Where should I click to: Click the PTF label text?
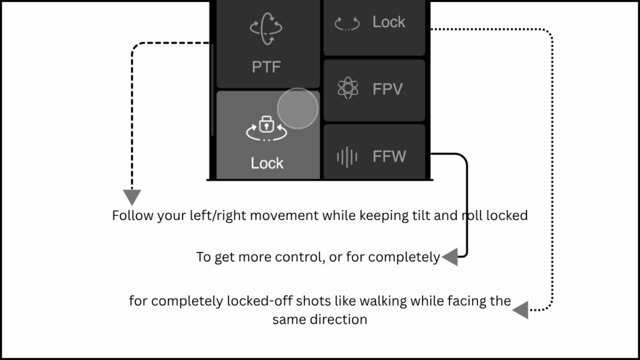pos(267,66)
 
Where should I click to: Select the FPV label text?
pos(387,89)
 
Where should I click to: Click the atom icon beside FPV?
pos(347,89)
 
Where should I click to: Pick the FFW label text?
pos(389,156)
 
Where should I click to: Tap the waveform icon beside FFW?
pos(347,156)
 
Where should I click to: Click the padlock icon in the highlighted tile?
pos(267,124)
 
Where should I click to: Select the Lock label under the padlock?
pos(267,163)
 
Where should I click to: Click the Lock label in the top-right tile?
pos(389,22)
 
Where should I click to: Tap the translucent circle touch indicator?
pos(297,108)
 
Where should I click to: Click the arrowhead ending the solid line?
pos(450,256)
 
